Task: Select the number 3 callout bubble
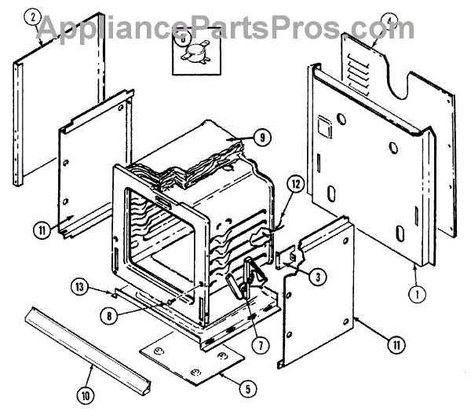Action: (316, 276)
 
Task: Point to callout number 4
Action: (391, 21)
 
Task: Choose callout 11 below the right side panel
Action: (399, 342)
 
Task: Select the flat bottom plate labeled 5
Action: (191, 358)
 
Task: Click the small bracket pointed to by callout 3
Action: (288, 259)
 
